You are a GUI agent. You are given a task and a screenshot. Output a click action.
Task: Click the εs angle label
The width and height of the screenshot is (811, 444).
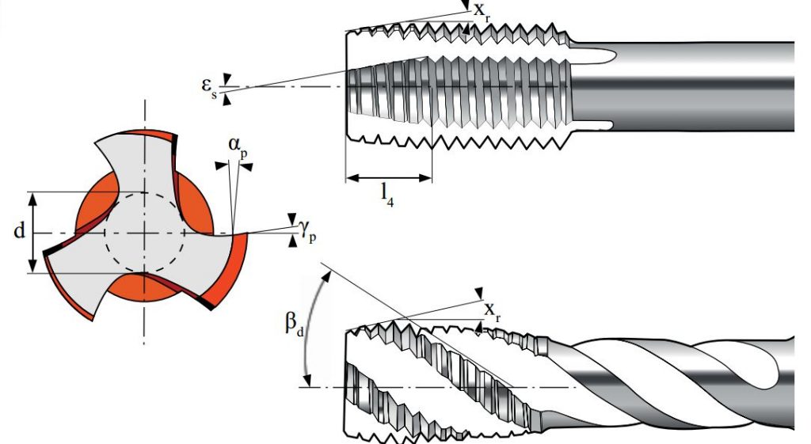[208, 86]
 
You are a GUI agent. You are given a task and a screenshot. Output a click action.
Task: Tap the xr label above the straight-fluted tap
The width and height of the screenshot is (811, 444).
[482, 10]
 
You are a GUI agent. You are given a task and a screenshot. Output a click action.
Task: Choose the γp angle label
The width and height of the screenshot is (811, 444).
[307, 230]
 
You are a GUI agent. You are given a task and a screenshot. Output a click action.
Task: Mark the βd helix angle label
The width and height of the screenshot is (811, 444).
[293, 326]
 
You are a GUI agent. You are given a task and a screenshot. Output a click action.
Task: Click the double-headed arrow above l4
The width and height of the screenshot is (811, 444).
[388, 177]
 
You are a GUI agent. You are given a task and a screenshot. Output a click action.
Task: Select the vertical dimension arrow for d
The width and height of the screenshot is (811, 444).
[33, 232]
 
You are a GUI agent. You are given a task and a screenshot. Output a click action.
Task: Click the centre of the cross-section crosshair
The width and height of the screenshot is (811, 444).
[144, 233]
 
